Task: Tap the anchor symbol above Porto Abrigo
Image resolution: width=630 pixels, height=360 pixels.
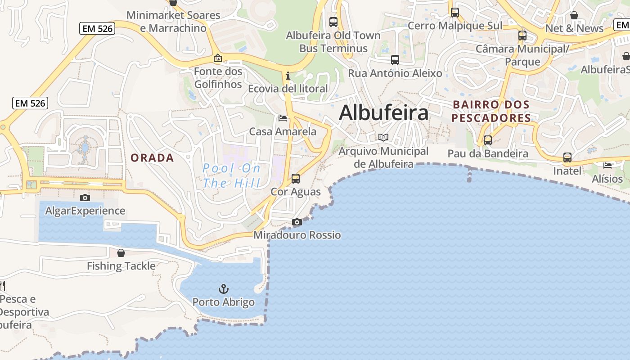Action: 223,288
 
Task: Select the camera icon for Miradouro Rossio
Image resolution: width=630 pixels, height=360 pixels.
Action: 297,222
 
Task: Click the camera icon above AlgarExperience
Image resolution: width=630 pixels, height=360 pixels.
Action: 85,198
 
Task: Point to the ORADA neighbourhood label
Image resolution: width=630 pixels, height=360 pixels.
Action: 152,157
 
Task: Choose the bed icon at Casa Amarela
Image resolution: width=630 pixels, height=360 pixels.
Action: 283,118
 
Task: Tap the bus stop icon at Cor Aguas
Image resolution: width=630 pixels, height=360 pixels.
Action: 296,178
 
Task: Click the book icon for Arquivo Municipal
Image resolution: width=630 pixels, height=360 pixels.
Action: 383,138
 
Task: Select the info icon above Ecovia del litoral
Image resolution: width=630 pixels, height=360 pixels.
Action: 288,75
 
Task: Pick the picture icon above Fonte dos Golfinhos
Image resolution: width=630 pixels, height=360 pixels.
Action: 218,58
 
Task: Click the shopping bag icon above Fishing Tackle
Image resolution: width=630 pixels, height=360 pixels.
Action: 121,253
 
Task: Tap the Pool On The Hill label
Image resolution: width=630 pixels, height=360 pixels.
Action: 231,176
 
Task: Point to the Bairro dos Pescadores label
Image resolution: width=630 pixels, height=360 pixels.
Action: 491,111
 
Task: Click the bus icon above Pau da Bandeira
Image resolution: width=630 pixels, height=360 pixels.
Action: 487,140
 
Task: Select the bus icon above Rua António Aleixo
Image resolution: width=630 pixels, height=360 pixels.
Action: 395,59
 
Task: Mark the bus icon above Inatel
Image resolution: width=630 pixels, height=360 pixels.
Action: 567,157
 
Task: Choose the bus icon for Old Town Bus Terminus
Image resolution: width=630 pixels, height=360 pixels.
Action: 333,22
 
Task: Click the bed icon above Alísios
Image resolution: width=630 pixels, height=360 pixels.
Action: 607,165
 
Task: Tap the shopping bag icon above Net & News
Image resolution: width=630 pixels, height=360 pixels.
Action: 574,15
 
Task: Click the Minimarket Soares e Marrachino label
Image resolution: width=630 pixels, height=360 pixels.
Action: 173,22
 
